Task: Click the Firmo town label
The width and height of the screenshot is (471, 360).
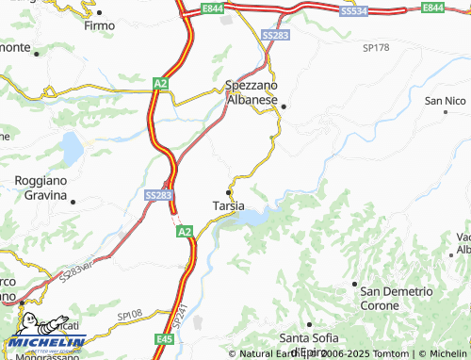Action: (99, 25)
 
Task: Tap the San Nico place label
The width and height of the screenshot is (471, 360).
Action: (447, 100)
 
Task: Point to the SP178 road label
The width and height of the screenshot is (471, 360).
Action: (376, 45)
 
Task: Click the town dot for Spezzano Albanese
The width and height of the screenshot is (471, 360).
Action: (283, 106)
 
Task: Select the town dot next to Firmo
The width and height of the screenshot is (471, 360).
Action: (98, 12)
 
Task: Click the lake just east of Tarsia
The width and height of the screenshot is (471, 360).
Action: (251, 218)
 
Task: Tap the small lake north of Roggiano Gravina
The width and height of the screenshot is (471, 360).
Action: (72, 147)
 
